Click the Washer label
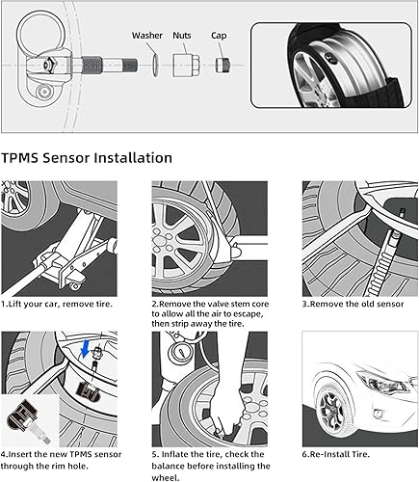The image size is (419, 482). click(147, 36)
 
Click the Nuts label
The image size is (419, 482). click(182, 36)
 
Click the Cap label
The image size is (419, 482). click(219, 36)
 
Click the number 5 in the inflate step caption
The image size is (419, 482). click(154, 453)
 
